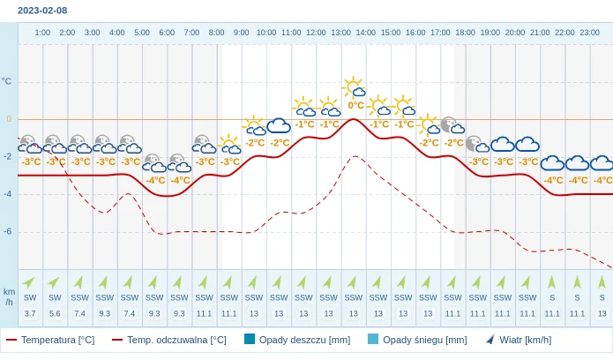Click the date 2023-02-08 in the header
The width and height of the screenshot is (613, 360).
(x=42, y=11)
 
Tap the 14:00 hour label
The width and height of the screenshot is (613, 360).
(x=365, y=33)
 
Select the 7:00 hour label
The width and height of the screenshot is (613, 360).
(x=191, y=33)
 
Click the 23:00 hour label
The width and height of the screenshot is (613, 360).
(x=589, y=33)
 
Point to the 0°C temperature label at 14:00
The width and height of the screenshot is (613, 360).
(x=355, y=105)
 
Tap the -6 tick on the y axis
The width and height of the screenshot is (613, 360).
(x=7, y=231)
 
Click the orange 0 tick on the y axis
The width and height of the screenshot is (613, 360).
(x=9, y=119)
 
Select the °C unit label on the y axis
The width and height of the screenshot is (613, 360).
(x=7, y=81)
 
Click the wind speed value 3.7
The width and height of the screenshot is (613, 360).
(x=30, y=313)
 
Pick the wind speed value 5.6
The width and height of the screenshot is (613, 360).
(x=55, y=313)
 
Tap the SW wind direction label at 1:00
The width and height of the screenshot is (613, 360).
(x=30, y=297)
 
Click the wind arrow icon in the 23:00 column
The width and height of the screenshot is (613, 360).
(x=602, y=281)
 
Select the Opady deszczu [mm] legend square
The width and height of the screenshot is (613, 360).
(x=250, y=339)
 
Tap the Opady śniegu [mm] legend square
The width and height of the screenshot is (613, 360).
(x=372, y=339)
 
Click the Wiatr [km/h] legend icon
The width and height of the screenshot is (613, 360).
(x=490, y=339)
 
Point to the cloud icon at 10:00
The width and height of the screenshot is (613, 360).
(x=279, y=125)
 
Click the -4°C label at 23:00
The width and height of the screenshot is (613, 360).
(x=602, y=180)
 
